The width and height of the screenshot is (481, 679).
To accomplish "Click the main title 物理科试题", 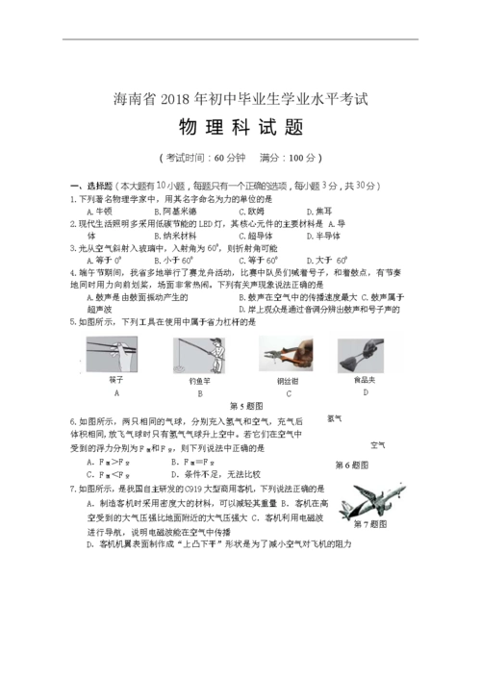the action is [x=240, y=127].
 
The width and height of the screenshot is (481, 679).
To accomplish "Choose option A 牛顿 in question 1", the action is [x=99, y=211].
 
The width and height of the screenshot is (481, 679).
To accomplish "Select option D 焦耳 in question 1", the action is [x=319, y=211].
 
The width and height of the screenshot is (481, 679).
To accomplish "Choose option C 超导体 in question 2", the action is [x=255, y=235].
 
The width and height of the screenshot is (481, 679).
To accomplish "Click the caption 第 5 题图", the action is [x=246, y=405].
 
